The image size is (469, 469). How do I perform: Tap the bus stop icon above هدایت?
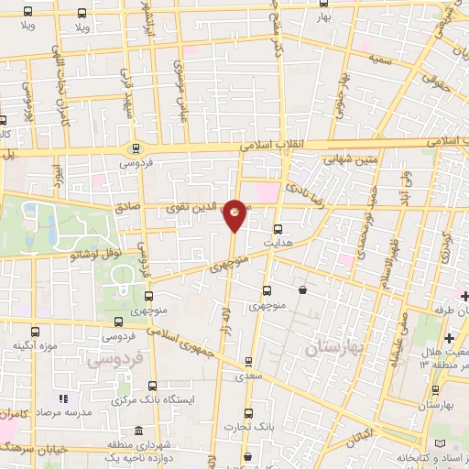click(x=278, y=230)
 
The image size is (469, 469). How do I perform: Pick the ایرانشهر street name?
click(x=173, y=27)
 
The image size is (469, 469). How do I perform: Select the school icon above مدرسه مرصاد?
click(x=63, y=399)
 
